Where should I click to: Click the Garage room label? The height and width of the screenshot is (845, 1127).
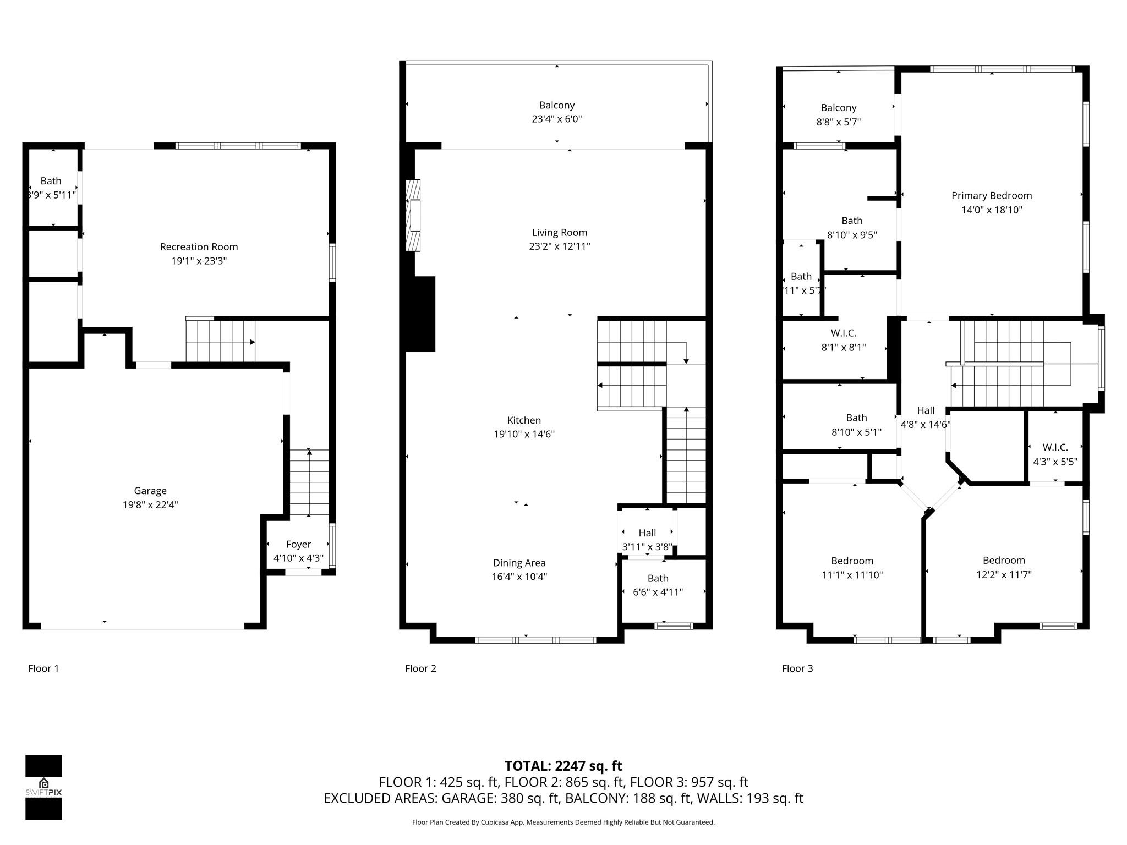coord(150,491)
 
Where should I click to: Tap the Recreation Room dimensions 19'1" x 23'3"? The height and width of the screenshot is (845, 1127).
coord(199,261)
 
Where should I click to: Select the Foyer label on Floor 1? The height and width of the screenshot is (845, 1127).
coord(298,544)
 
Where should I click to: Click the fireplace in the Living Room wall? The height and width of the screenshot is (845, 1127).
coord(413,215)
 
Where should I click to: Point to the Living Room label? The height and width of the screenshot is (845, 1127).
coord(559,233)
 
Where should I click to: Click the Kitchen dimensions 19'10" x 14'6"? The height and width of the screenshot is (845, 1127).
coord(523,434)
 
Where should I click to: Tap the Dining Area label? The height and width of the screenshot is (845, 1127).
coord(519,563)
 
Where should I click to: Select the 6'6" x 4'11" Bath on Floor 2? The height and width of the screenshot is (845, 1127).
coord(658,585)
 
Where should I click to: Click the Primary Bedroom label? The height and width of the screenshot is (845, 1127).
coord(991,196)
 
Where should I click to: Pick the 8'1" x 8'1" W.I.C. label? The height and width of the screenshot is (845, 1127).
coord(843,333)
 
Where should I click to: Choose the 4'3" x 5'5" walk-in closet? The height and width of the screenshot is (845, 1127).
coord(1054,454)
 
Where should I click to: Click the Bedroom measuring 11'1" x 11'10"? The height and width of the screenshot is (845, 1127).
coord(852,568)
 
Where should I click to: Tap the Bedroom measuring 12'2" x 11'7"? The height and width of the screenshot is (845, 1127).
coord(1003,567)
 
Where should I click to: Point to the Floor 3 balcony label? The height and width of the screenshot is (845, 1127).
coord(838,108)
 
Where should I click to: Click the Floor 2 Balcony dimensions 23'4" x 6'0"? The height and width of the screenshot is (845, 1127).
coord(556,119)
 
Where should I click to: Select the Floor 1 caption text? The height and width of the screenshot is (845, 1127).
coord(43,668)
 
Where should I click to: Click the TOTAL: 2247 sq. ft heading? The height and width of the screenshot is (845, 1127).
coord(563,766)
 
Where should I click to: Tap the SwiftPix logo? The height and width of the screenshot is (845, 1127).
coord(43,787)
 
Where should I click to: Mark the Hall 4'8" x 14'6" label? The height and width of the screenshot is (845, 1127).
coord(925,418)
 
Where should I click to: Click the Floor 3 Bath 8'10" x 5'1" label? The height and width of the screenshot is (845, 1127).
coord(856,425)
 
